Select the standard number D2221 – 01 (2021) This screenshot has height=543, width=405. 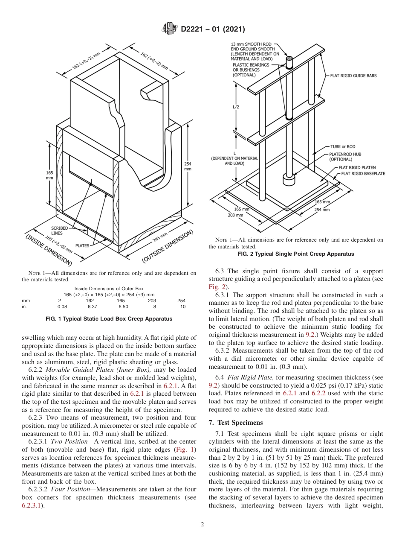[x=213, y=29]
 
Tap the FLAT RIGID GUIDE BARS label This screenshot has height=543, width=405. [x=353, y=76]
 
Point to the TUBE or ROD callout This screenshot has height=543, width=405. [x=343, y=147]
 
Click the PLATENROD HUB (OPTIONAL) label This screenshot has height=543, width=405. [x=346, y=156]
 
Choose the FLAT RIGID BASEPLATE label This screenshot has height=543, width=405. [x=363, y=174]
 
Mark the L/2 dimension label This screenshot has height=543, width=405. [x=236, y=107]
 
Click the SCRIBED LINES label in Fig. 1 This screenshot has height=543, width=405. [x=59, y=231]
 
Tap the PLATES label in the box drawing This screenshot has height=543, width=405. [x=82, y=246]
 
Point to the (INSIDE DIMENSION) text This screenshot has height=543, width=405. [x=48, y=250]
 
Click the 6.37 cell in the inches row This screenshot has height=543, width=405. [x=93, y=307]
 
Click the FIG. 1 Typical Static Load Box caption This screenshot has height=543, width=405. [x=109, y=319]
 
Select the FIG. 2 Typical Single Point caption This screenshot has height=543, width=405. [x=295, y=254]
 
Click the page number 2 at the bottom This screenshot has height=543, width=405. [x=202, y=525]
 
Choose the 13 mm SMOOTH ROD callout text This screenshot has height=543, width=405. [x=252, y=44]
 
